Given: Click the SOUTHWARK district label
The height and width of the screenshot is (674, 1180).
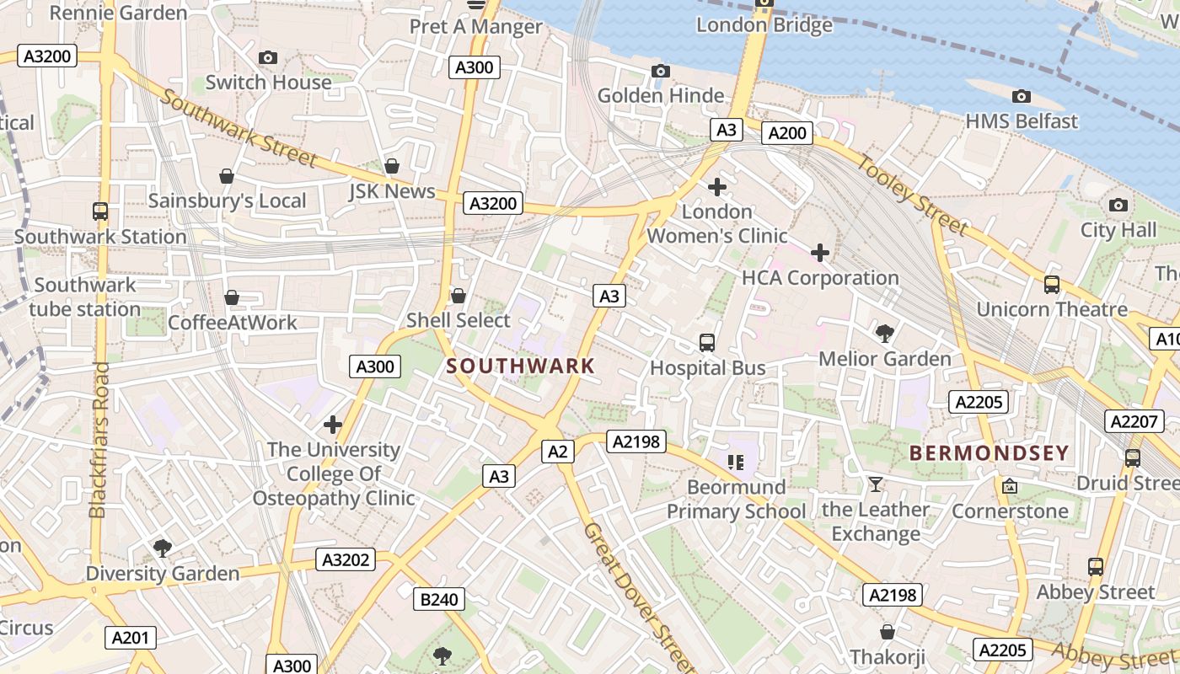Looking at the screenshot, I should pos(520,366).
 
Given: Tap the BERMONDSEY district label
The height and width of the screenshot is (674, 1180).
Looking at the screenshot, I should pos(989,452).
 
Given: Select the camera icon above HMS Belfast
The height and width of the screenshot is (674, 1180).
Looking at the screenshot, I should pos(1021,97).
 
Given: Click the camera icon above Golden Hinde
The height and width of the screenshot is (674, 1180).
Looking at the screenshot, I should pos(661,72).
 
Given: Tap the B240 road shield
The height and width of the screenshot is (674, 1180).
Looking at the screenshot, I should pos(439,599).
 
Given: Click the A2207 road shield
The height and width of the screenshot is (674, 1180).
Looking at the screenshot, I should pos(1134,421).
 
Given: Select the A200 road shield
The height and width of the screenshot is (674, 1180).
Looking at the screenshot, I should pos(787,132).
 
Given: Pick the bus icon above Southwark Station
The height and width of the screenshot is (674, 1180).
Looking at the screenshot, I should pos(100,211).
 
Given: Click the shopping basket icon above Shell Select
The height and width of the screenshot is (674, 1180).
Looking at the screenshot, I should pos(459,296).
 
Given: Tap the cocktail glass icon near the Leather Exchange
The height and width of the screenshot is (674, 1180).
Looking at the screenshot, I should pos(876,484).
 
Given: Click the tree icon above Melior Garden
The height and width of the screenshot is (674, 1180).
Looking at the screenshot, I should pos(885,334).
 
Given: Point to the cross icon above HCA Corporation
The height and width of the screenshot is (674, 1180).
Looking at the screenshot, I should pos(819,252).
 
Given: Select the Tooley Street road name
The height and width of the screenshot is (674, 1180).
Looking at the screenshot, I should pos(913,195).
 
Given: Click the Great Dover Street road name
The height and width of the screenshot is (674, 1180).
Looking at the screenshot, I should pos(638,596).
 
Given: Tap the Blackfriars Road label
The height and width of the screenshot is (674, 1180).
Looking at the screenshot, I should pos(99,440).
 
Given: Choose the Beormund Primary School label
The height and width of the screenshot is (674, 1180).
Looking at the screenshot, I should pos(736,499).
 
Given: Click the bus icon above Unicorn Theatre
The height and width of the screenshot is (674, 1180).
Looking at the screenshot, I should pos(1051,285).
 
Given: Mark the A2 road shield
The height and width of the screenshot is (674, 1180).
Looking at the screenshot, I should pos(557,452).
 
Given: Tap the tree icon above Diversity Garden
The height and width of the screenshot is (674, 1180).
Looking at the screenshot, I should pos(163,549).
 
